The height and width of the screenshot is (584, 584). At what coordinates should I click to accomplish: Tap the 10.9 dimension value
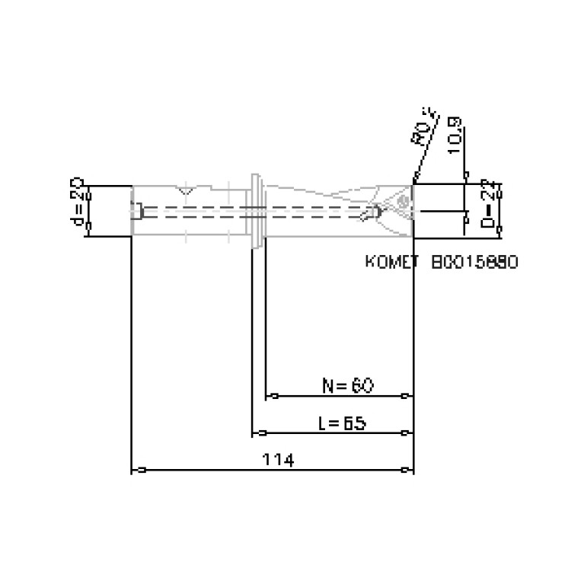click(x=455, y=136)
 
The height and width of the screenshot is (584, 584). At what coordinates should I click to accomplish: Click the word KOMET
click(x=393, y=262)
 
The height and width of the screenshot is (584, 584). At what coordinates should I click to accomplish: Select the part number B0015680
click(x=474, y=262)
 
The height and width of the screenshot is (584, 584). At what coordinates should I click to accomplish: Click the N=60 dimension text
click(x=347, y=385)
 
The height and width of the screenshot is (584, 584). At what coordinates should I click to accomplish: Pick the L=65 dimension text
click(x=342, y=423)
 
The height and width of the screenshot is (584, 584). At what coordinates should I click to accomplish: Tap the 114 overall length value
click(x=278, y=459)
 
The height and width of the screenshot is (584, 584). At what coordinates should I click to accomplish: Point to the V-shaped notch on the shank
click(x=185, y=188)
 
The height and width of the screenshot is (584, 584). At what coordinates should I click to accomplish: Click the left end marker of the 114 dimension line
click(x=140, y=470)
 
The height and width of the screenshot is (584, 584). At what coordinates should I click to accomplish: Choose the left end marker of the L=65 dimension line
click(x=260, y=433)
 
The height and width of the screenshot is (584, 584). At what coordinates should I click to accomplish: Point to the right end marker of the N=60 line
click(x=406, y=396)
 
